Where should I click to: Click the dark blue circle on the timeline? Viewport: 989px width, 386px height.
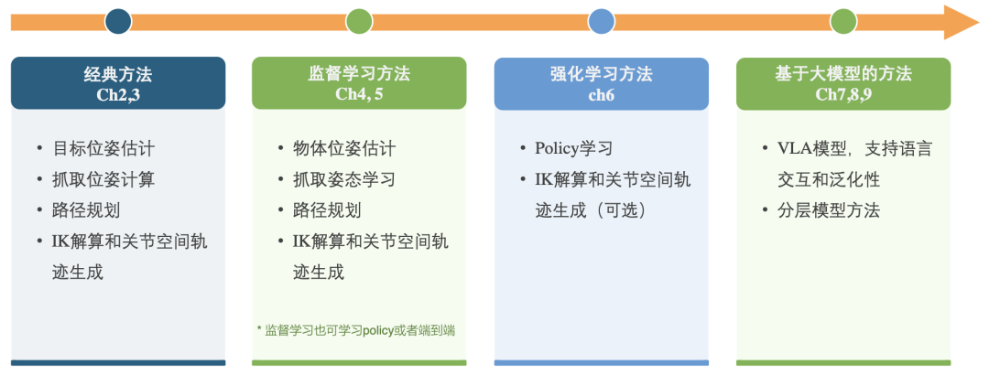118,21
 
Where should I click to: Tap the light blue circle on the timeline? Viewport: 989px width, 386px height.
601,21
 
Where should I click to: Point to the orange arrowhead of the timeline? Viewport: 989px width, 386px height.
961,22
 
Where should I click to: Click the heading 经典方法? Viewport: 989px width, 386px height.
118,74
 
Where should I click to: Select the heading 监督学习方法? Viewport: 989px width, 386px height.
359,74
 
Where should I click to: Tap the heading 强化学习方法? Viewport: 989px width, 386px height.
601,74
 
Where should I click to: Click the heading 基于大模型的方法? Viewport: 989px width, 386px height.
842,74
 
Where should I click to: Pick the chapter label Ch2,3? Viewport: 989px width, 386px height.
118,94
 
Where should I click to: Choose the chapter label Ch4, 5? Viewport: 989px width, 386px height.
359,94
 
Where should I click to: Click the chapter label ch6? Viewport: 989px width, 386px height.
601,94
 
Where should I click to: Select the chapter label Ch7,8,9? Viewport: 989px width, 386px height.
842,94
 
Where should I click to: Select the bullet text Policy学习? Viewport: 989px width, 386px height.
573,148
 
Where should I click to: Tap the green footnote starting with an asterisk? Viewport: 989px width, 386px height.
356,330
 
